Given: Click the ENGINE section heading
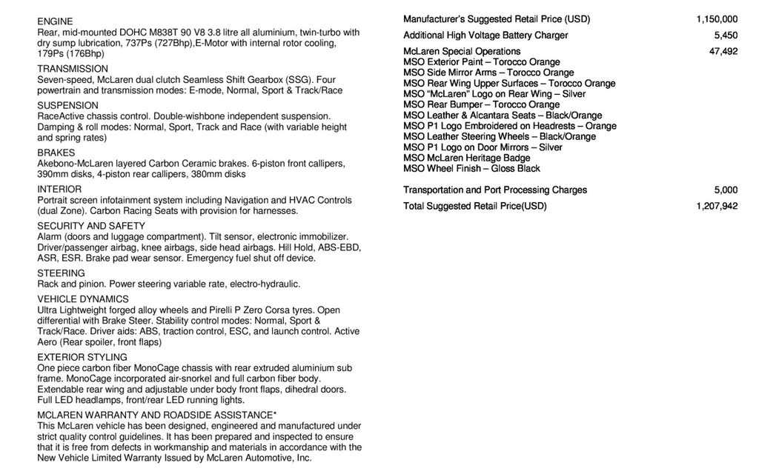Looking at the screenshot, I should (x=55, y=21).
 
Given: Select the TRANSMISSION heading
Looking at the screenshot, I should (x=73, y=69).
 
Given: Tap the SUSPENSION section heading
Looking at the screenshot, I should (x=67, y=105).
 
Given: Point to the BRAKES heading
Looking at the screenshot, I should (x=56, y=153).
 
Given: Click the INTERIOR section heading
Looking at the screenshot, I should (x=59, y=189).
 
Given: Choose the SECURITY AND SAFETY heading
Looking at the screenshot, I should (x=91, y=226).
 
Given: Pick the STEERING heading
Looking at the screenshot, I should (x=61, y=273).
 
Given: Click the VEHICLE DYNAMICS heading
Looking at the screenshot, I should (x=83, y=299).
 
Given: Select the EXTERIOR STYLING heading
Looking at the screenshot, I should (x=82, y=357).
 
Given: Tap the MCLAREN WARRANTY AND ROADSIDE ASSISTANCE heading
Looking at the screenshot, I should (x=157, y=415).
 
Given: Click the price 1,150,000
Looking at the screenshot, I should (x=717, y=19).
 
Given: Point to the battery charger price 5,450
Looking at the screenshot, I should (x=726, y=36).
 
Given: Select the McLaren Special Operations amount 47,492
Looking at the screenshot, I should (x=723, y=51).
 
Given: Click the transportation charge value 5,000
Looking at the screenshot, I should (x=726, y=190).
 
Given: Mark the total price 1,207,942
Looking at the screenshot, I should (x=717, y=206).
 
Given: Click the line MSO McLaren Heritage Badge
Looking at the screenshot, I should (x=467, y=158).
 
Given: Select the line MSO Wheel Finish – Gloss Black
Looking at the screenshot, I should (x=471, y=169).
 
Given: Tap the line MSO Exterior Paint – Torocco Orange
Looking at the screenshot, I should (x=482, y=62).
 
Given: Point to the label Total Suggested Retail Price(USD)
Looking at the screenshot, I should (x=474, y=206).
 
